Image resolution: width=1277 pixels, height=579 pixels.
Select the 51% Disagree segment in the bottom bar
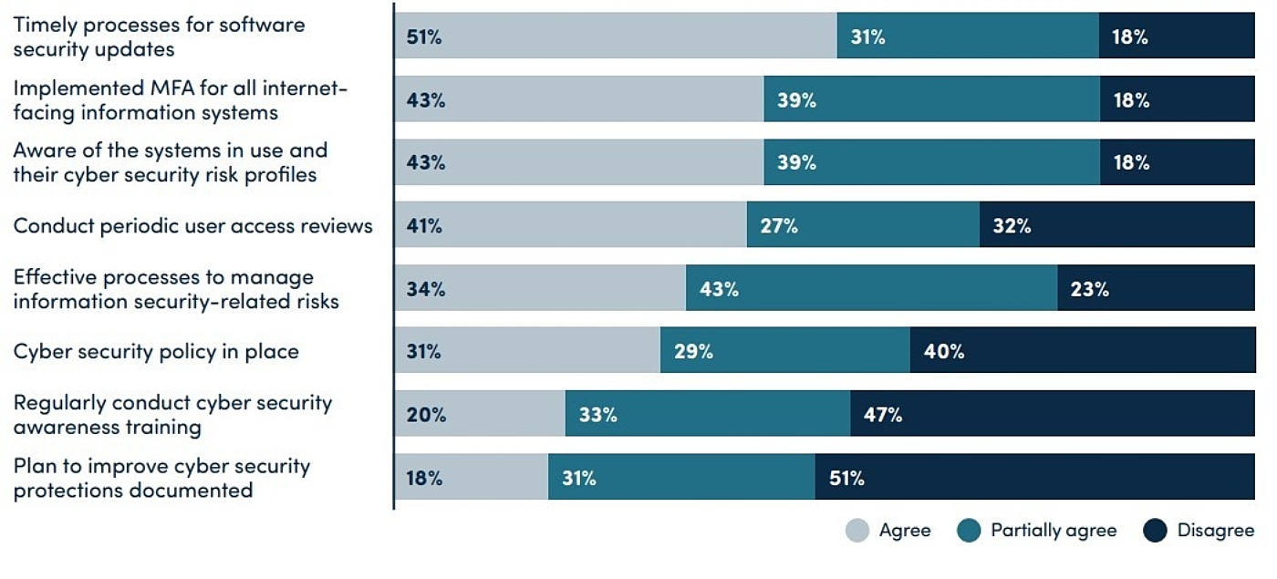pos(1034,478)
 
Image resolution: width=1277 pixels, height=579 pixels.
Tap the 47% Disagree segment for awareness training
pos(1053,415)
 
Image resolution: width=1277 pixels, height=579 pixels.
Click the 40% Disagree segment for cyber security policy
pos(1082,352)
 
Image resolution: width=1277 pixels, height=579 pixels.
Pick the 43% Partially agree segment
pos(871,289)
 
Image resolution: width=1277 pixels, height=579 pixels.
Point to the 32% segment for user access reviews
pos(1116,226)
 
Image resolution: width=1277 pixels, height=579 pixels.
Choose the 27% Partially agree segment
pos(862,226)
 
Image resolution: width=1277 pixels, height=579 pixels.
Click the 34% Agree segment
pos(540,289)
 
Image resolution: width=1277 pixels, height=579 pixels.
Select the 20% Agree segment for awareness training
pos(480,415)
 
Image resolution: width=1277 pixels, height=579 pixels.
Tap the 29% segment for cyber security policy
pos(784,352)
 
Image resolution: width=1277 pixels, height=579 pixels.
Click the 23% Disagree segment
pos(1156,289)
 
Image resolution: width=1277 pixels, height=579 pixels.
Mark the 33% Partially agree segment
pos(707,415)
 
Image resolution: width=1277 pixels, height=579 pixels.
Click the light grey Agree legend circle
pos(857,531)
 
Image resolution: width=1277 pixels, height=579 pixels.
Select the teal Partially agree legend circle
pos(970,531)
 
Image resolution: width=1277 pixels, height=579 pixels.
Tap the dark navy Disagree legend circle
pos(1155,531)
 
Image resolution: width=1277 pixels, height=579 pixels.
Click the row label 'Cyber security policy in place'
pos(156,352)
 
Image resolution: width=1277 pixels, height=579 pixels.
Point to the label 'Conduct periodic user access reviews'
pos(192,226)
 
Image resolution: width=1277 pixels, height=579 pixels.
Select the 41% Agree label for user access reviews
pos(424,226)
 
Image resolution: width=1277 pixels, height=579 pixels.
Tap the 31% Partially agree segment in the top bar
pos(967,37)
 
